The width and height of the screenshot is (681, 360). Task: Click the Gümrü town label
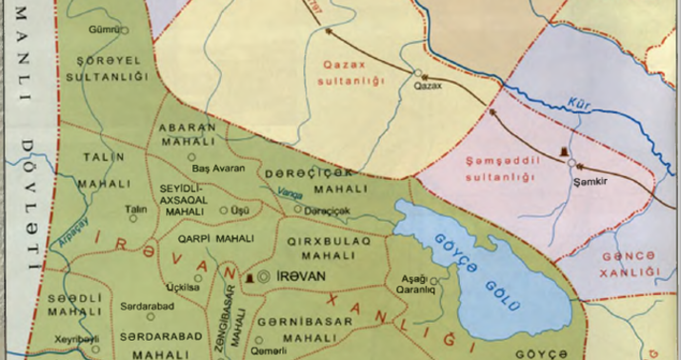click(x=103, y=30)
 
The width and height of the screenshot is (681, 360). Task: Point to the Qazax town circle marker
click(x=417, y=71)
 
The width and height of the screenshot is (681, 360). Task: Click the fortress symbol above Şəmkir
click(x=567, y=151)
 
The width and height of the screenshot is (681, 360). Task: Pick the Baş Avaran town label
click(x=218, y=168)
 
